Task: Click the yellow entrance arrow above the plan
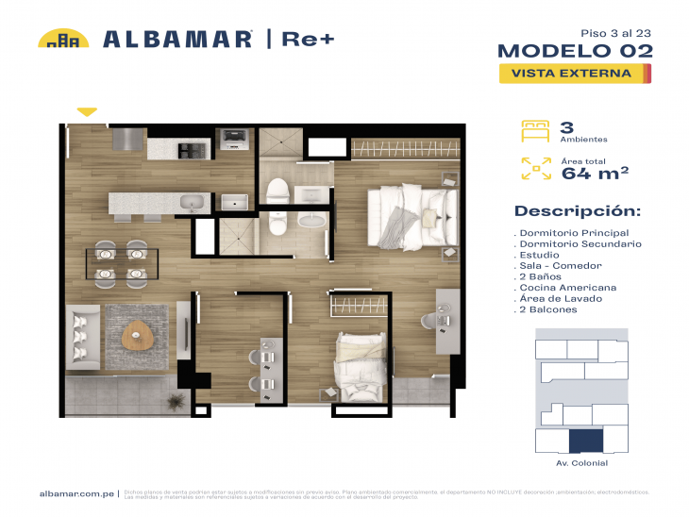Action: click(x=87, y=112)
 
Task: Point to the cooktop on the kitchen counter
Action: click(x=193, y=148)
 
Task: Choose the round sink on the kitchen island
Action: click(x=193, y=201)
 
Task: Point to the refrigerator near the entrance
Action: click(x=126, y=140)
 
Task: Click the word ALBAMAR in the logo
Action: click(x=176, y=40)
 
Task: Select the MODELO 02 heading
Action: click(x=575, y=51)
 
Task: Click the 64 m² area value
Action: click(x=596, y=173)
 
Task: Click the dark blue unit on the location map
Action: click(x=583, y=441)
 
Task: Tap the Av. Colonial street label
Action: click(x=581, y=463)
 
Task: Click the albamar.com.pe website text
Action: click(x=76, y=493)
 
